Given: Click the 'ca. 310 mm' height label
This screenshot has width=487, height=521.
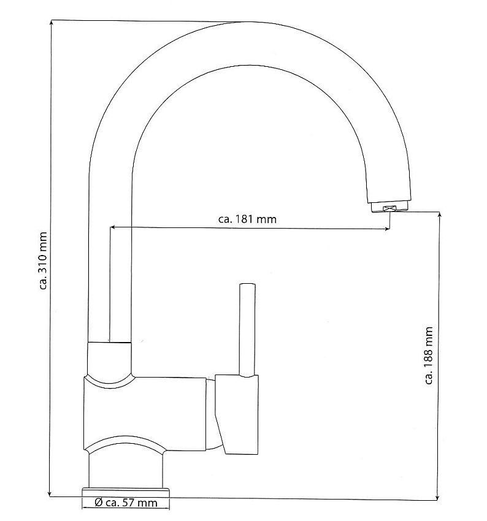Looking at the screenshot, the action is point(43,261).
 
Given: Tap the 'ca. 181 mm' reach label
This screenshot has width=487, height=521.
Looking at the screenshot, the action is point(247,219).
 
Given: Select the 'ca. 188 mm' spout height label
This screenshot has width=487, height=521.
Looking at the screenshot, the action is point(429,356).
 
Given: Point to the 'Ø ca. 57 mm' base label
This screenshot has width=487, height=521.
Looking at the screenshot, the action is point(126,503).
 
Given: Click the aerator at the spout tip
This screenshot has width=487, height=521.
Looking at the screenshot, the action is point(389,207).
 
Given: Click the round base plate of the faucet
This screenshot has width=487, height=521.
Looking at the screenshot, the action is point(126,492).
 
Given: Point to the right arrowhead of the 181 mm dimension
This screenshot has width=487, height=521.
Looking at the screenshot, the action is point(386,229).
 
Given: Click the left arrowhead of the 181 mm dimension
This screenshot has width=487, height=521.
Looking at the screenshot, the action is point(113,227).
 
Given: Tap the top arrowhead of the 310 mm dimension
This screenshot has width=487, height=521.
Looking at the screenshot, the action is point(51,23).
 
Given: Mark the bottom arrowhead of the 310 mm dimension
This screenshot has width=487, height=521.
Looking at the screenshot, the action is point(50,493).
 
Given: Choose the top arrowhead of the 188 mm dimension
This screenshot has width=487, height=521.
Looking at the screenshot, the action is point(440,216).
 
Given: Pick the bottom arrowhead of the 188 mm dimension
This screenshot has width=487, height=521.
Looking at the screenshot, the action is point(438,496).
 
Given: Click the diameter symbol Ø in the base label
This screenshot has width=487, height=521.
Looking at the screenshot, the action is point(98,503).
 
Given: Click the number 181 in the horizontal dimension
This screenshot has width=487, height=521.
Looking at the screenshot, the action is point(244,219).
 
